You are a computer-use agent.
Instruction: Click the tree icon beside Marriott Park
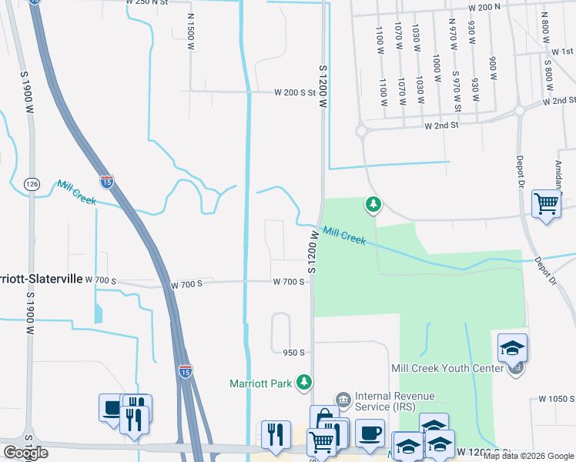[x=306, y=382]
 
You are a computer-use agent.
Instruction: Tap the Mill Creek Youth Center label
[x=447, y=368]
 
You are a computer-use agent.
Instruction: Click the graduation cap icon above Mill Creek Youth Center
[x=513, y=348]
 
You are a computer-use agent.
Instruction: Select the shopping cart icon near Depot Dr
[x=546, y=204]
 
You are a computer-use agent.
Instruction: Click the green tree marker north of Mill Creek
[x=373, y=204]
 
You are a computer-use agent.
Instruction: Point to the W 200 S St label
[x=296, y=92]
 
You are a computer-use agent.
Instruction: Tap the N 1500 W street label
[x=190, y=33]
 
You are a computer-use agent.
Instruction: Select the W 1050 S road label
[x=557, y=398]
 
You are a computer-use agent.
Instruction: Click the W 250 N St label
[x=146, y=3]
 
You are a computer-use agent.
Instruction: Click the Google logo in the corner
[x=25, y=453]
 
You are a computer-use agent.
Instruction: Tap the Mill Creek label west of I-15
[x=76, y=192]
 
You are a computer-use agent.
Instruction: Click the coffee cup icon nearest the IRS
[x=369, y=432]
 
